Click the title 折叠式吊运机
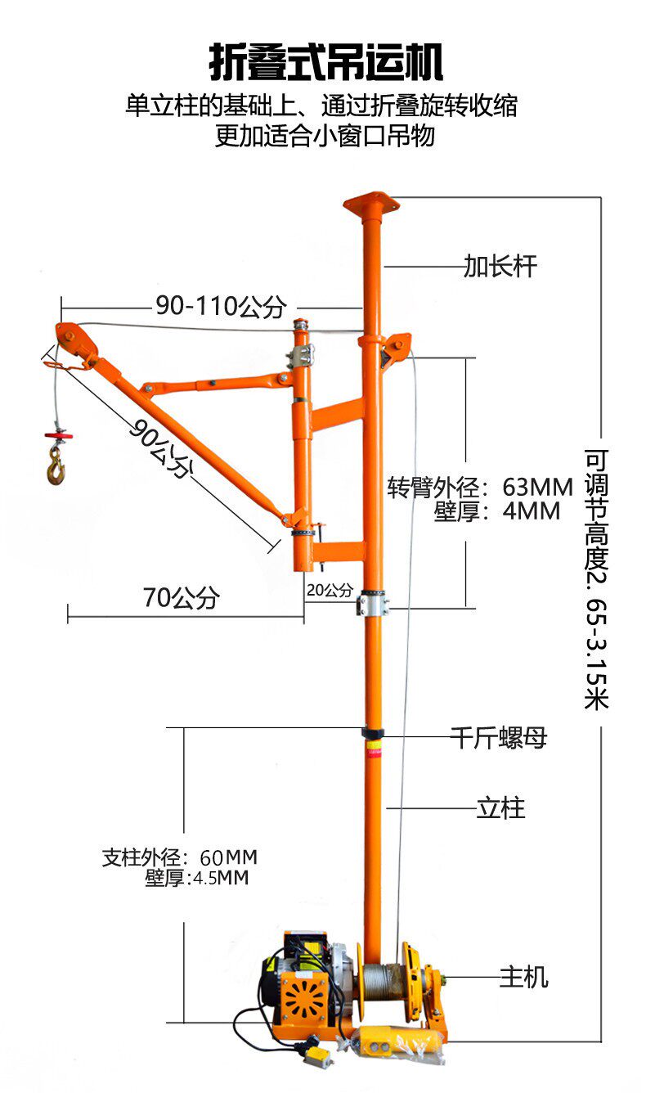[325, 64]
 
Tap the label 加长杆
[500, 266]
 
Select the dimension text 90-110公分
[221, 306]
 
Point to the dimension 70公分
[182, 598]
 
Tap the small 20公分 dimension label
[330, 589]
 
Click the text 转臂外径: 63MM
[481, 488]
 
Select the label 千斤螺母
[498, 738]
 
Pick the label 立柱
[500, 808]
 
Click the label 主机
[523, 976]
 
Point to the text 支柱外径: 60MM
[180, 857]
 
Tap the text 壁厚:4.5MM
[197, 879]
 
